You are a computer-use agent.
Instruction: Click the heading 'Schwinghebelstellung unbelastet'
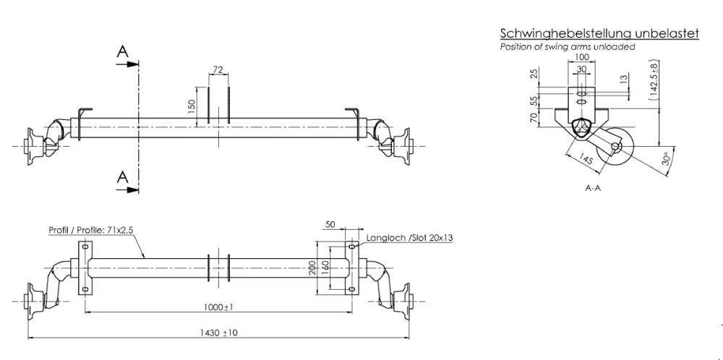pos(599,34)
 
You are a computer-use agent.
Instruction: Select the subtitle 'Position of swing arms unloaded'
pos(568,47)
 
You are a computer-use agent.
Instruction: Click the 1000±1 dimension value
pos(218,308)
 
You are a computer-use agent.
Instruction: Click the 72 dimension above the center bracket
pos(218,69)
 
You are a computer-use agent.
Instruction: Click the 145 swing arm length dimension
pos(586,160)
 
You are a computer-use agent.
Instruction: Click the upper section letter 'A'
pos(124,51)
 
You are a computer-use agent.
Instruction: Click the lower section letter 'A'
pos(124,176)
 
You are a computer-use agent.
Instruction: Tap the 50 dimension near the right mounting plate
pos(330,226)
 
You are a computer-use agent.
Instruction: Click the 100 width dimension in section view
pos(582,56)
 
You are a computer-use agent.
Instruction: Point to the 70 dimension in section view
pos(534,118)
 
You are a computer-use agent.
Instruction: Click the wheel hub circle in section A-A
pos(616,147)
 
